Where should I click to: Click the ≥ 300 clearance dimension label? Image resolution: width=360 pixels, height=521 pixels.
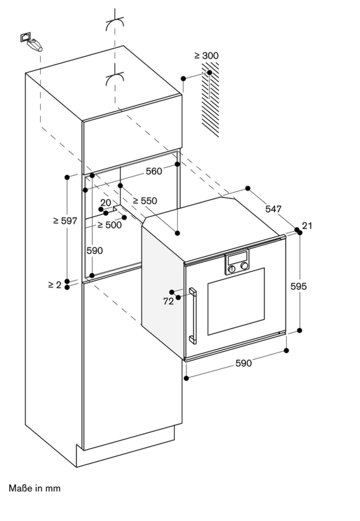point(206,55)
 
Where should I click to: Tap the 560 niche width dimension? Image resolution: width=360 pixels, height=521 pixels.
point(154,171)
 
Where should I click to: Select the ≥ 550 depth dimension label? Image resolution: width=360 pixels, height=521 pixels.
point(145,201)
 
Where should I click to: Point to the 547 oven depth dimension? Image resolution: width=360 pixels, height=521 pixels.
point(273,209)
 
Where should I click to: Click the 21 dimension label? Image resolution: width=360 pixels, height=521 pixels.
point(307,226)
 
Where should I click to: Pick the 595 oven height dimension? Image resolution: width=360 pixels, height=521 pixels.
point(298,286)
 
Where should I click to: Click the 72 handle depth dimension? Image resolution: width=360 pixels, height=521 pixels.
point(168,301)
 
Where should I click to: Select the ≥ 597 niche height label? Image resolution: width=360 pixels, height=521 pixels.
point(65,221)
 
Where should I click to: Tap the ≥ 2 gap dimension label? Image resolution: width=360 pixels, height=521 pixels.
point(55,285)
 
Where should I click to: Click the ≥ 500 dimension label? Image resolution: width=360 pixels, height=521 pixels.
point(109,225)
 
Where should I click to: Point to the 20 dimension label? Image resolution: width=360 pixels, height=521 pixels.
point(106,203)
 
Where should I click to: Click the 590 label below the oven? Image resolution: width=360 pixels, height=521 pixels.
point(243,363)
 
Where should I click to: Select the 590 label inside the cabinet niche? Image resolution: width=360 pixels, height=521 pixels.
point(95,251)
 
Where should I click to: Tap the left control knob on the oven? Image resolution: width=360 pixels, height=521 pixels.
point(231,269)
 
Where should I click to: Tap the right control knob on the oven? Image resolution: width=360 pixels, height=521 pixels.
point(244,266)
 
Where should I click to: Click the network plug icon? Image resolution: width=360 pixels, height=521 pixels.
point(31,42)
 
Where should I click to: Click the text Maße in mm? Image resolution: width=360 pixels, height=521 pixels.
point(35,488)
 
